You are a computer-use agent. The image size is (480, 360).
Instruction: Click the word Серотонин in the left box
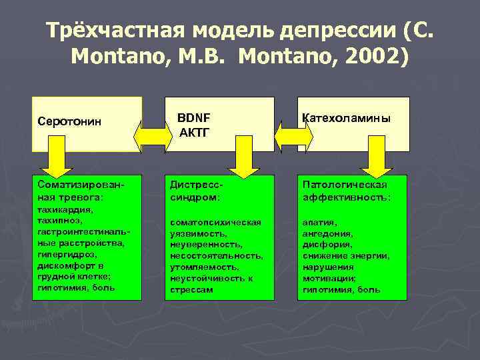click(69, 123)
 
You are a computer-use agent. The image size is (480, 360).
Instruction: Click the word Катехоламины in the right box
click(346, 118)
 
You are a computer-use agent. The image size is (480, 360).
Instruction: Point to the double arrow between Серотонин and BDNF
click(153, 135)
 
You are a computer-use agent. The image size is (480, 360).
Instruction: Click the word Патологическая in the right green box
click(345, 184)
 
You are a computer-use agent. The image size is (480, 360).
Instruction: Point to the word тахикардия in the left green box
click(65, 209)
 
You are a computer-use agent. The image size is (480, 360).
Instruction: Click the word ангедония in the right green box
click(327, 233)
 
